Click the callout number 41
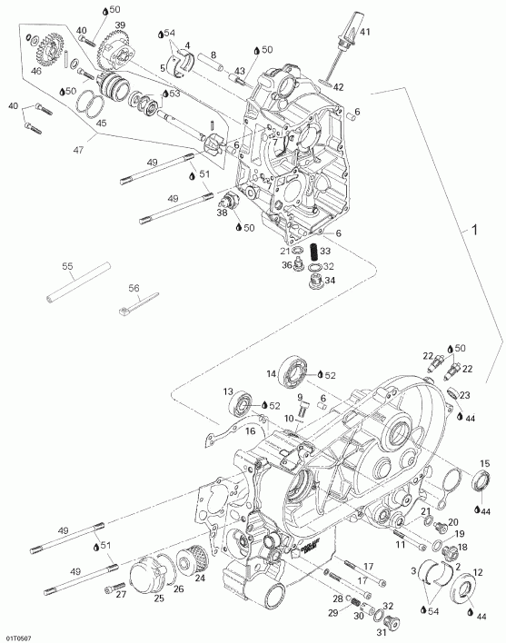click(x=365, y=33)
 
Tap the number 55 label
click(x=66, y=266)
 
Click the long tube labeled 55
click(x=77, y=283)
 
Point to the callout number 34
click(x=329, y=281)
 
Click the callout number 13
click(x=231, y=391)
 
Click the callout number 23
click(x=463, y=395)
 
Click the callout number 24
click(x=200, y=577)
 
